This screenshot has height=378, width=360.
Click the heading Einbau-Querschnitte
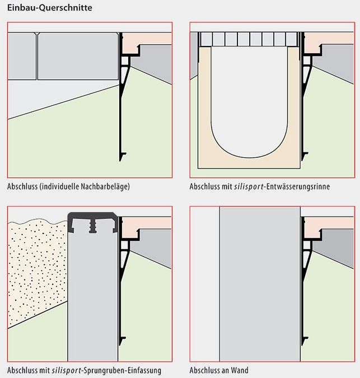[x=50, y=8]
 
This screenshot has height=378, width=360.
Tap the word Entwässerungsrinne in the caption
[x=297, y=186]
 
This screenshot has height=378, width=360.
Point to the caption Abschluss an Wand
[x=219, y=370]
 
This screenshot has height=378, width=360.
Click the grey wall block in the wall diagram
[x=259, y=280]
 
